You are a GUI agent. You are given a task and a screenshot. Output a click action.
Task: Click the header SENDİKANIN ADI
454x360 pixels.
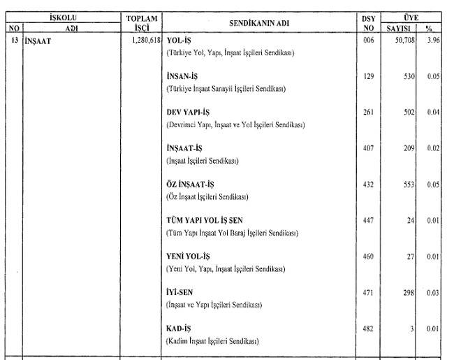(x=258, y=22)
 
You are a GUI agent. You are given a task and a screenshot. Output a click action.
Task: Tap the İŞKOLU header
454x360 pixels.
(x=63, y=16)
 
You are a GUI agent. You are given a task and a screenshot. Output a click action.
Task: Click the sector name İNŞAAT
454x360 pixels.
(x=38, y=41)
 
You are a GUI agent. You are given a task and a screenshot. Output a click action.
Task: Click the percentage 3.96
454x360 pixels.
(x=432, y=41)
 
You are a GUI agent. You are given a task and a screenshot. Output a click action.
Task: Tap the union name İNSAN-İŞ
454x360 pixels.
(x=183, y=77)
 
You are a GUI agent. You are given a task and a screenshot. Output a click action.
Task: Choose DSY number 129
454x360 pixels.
(x=369, y=76)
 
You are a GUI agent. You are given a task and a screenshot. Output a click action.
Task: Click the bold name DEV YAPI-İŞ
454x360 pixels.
(x=188, y=113)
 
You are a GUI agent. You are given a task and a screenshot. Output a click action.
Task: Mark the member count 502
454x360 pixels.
(x=409, y=113)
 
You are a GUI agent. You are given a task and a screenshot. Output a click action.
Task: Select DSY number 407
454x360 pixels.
(x=369, y=148)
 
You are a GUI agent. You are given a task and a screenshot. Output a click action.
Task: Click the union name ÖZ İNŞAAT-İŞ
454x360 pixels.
(x=190, y=185)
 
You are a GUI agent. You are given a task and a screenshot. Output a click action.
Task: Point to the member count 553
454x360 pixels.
(x=409, y=185)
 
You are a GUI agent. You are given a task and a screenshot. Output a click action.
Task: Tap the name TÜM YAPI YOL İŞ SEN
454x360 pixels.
(x=204, y=220)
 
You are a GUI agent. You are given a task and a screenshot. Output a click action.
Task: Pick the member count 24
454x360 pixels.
(x=411, y=221)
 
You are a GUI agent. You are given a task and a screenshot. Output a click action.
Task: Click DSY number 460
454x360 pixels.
(x=369, y=257)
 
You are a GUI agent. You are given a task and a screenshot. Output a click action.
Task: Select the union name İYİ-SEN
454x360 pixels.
(x=180, y=292)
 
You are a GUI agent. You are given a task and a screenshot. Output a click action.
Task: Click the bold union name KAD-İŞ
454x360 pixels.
(x=178, y=329)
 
